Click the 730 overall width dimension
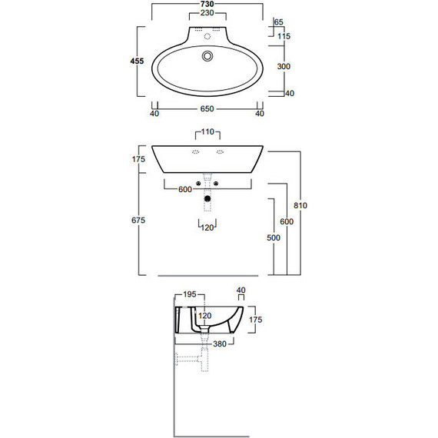(207, 5)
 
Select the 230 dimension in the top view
(207, 14)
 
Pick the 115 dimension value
(284, 37)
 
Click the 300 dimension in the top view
(284, 68)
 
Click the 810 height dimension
(300, 205)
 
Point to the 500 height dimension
(273, 237)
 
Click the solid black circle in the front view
(207, 200)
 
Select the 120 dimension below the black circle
(207, 227)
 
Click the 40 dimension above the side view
(241, 290)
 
